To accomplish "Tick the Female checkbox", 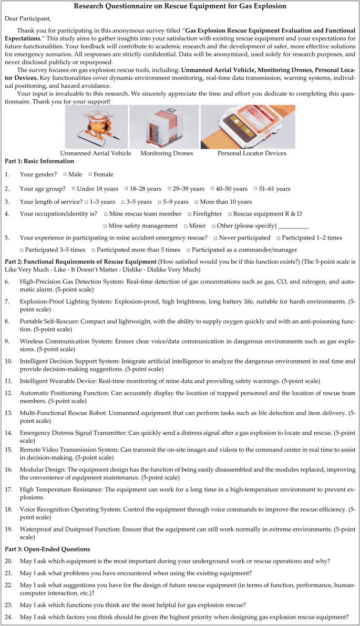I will click(90, 174).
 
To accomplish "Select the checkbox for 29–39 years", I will click(170, 189).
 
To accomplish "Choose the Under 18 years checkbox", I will click(73, 189).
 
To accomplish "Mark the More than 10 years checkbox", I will click(197, 202).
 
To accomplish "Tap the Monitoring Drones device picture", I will click(164, 128).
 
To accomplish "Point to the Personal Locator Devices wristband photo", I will click(248, 128).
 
